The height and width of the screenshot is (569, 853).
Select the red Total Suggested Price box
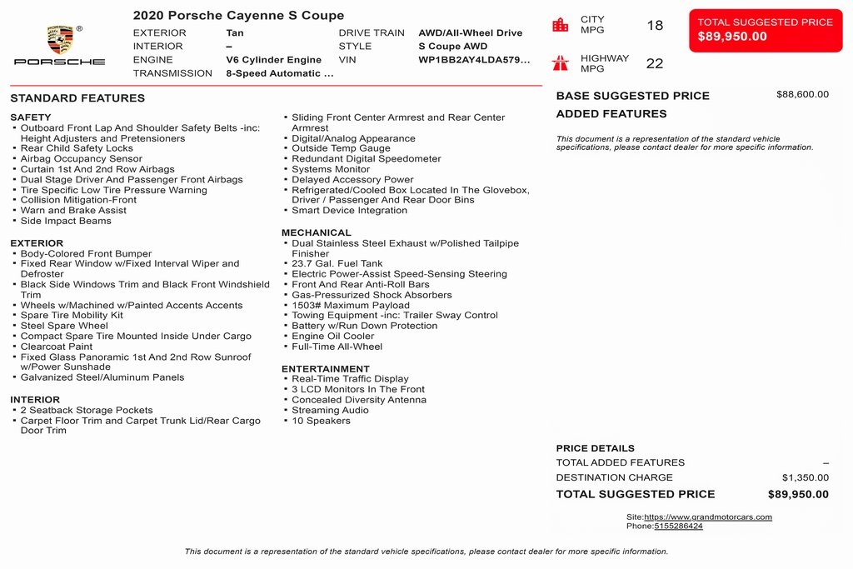pos(765,30)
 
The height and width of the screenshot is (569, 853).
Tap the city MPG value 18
pos(655,25)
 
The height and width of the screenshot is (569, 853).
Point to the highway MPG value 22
pos(655,63)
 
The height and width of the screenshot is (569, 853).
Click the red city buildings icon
pos(561,25)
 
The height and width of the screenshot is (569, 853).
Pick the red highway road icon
pos(561,62)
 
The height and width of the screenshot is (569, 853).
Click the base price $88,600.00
pos(802,95)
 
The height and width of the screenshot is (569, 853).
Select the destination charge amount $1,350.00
pos(805,477)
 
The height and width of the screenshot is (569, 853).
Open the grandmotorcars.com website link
pos(707,517)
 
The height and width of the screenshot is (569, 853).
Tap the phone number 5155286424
pos(678,527)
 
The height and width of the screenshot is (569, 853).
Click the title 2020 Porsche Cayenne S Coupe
pos(238,16)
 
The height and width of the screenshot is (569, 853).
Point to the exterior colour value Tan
pos(235,33)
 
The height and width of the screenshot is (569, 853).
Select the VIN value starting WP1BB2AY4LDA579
pos(473,60)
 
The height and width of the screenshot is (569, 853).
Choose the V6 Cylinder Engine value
pos(273,60)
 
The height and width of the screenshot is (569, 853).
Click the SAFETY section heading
pos(31,117)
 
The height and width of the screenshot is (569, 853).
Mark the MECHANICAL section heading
pos(316,232)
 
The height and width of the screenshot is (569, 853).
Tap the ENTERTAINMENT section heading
pos(325,369)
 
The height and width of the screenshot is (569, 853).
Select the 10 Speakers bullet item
pos(321,421)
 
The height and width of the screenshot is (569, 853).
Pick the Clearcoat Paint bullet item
pos(57,347)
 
